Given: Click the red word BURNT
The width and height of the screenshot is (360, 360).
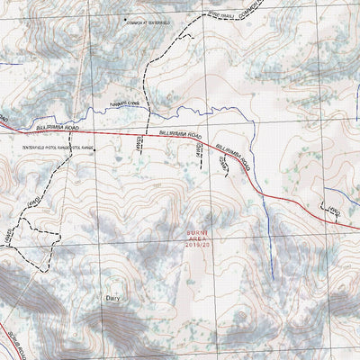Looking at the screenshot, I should pos(197,231).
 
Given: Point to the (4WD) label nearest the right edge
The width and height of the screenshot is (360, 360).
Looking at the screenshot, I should pos(335,211).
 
